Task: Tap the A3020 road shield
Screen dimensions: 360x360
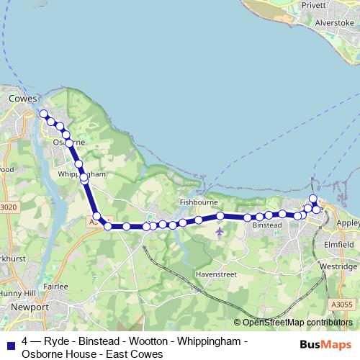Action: (x=9, y=207)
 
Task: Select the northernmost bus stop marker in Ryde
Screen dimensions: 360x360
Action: (x=312, y=199)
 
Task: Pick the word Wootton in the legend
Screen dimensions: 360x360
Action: (x=149, y=341)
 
